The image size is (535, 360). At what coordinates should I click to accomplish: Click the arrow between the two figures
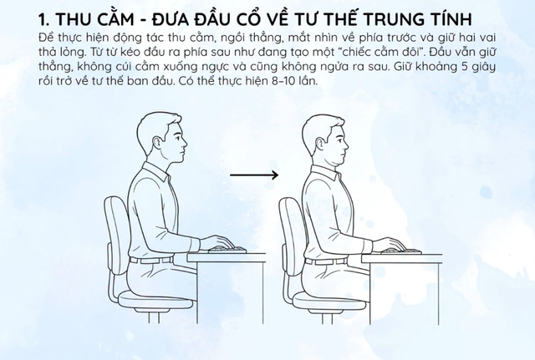[254, 175]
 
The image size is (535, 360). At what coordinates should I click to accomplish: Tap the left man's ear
[157, 143]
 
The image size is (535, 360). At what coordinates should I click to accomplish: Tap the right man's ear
[321, 143]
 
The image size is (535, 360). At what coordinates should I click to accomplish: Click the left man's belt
[151, 261]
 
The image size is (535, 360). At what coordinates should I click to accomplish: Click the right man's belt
[327, 261]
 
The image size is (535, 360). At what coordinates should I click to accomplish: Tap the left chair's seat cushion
[155, 301]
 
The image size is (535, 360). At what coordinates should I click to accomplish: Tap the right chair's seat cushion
[329, 302]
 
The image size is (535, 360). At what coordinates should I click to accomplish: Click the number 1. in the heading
[43, 20]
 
